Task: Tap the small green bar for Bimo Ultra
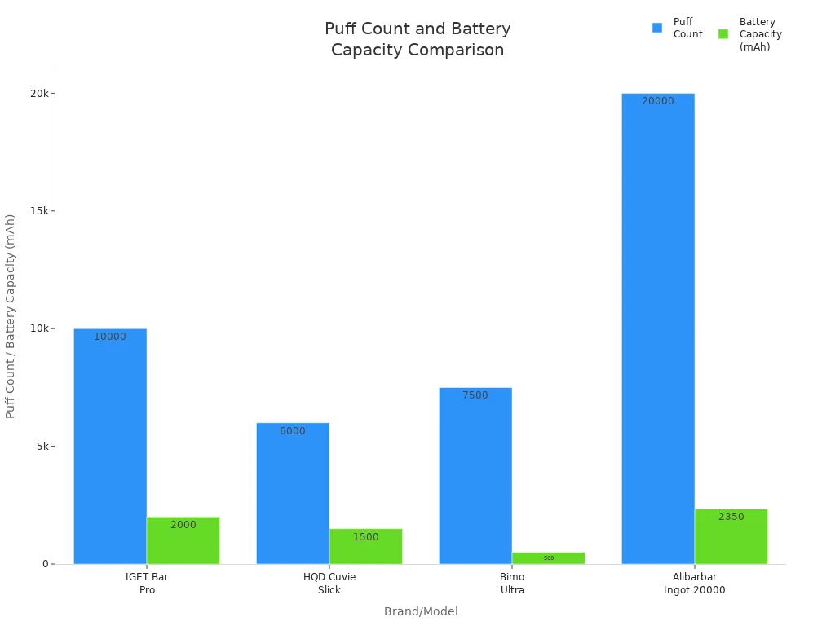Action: [x=548, y=558]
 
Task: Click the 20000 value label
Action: [x=658, y=101]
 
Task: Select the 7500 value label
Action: [x=475, y=395]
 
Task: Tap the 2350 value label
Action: [x=731, y=517]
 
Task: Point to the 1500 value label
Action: [x=365, y=537]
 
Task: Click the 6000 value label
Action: [x=293, y=431]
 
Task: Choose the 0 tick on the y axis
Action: [x=47, y=564]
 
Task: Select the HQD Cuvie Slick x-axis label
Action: [x=329, y=583]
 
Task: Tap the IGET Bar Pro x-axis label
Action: [x=147, y=583]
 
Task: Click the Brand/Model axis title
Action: [x=421, y=611]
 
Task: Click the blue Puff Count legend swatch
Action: [x=657, y=28]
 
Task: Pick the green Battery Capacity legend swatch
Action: [x=723, y=34]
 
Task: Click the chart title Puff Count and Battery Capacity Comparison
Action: [x=417, y=39]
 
